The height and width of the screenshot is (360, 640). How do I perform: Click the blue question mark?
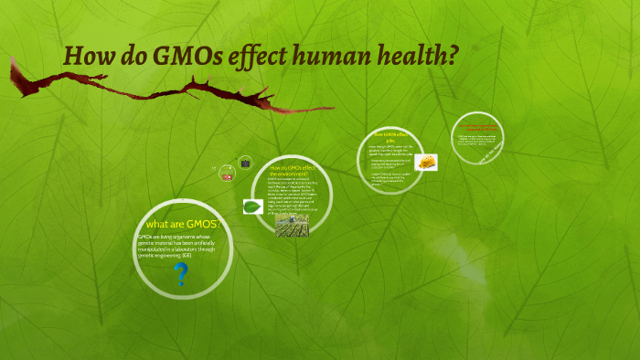pos(182,273)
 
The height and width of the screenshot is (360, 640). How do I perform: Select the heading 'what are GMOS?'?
pos(183,224)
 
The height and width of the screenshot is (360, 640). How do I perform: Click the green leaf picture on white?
pos(253,206)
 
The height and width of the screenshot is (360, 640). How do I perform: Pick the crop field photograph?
pos(293,225)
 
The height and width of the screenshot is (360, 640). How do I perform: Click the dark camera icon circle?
pos(245,163)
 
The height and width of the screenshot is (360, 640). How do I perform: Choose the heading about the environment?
pos(293,172)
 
